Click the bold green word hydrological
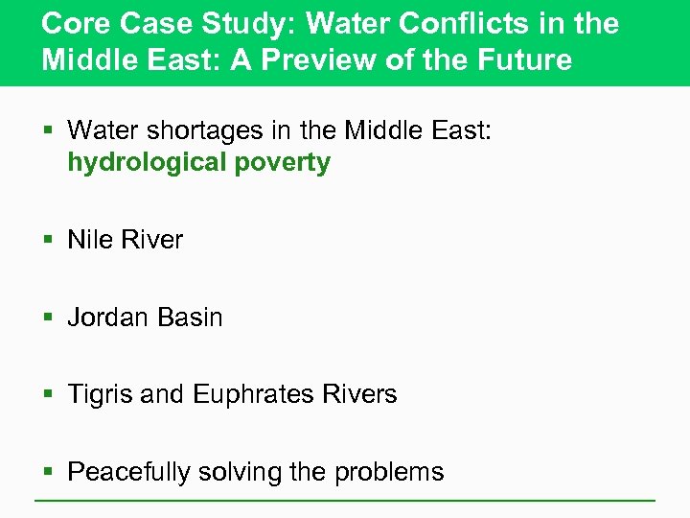point(147,162)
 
